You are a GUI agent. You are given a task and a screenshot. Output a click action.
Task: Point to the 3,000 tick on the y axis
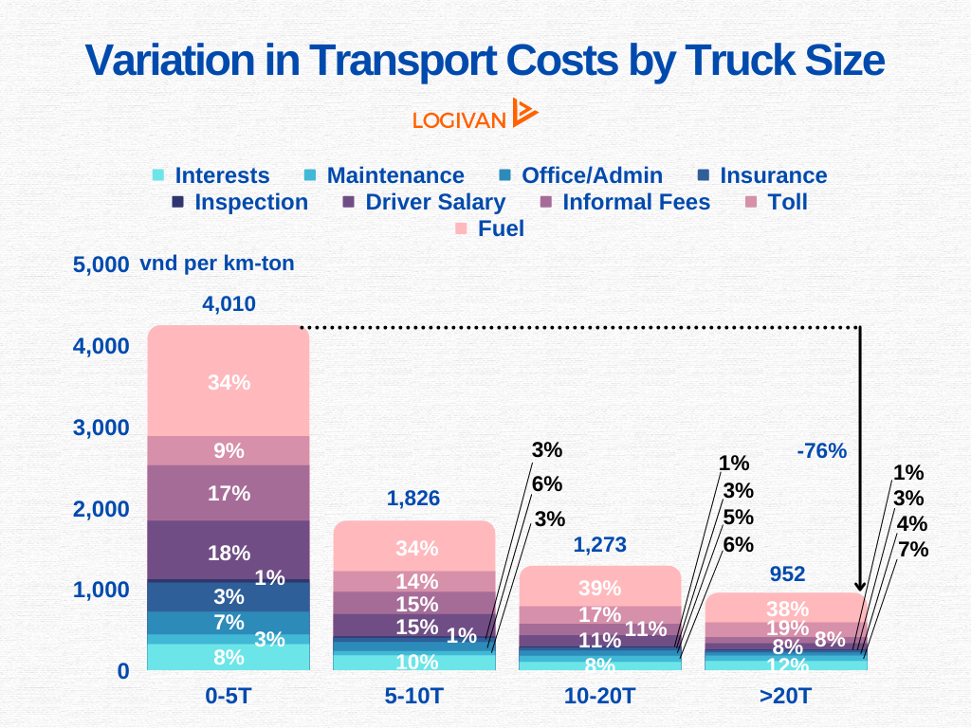click(x=101, y=428)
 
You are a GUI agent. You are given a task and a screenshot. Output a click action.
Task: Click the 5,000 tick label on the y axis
click(x=101, y=264)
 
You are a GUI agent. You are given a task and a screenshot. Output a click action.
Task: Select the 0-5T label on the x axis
click(x=229, y=696)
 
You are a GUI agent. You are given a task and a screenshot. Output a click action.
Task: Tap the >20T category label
click(x=786, y=696)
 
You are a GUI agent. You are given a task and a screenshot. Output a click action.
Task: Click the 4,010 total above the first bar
click(x=229, y=304)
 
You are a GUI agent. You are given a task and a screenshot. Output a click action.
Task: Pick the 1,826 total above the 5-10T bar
click(x=413, y=499)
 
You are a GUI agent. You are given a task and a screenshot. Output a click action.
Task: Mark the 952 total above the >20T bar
click(x=787, y=573)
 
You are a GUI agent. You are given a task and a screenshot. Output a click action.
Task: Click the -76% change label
click(x=821, y=451)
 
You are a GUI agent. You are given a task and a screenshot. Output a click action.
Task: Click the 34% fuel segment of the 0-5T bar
click(x=229, y=382)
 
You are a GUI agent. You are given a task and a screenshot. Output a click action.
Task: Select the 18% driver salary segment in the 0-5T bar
click(x=229, y=553)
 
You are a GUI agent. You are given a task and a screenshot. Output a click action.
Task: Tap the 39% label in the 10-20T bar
click(x=599, y=588)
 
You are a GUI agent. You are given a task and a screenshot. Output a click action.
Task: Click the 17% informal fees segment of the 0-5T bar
click(x=229, y=493)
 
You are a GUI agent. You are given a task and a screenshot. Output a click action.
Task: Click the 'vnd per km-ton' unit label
click(x=217, y=264)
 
